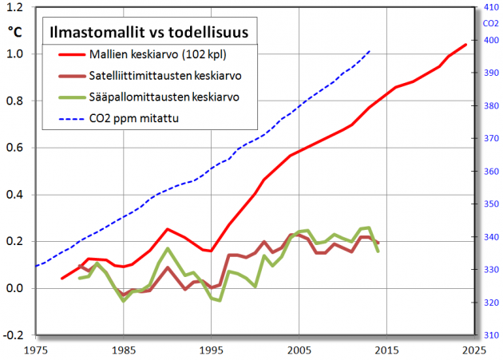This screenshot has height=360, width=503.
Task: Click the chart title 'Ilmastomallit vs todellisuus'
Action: coord(149,33)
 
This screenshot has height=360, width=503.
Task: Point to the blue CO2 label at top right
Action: coord(490,23)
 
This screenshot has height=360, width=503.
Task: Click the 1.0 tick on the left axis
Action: coord(14,54)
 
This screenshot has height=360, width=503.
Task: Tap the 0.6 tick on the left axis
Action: coord(14,148)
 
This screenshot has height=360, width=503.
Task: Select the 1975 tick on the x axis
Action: coord(36,350)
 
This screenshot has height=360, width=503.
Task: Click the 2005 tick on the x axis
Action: coord(299,350)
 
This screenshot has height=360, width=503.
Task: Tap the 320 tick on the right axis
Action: coord(489,303)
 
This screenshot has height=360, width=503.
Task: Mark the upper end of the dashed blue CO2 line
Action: coord(370,50)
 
